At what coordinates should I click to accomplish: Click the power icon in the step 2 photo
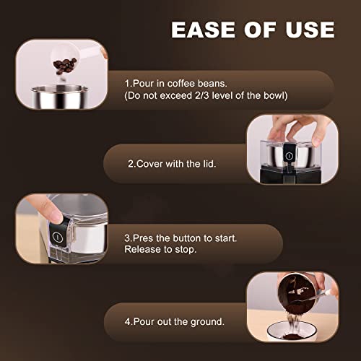[x=288, y=155]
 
